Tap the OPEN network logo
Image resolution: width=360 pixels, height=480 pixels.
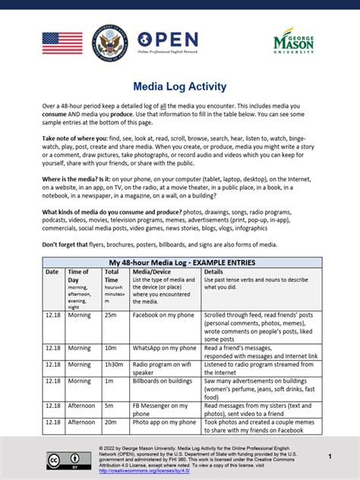point(168,41)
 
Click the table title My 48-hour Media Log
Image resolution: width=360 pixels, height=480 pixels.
point(182,262)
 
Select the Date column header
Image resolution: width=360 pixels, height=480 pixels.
point(52,271)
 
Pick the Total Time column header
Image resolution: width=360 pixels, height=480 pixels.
point(112,275)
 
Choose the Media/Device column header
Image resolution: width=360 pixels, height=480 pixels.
point(152,271)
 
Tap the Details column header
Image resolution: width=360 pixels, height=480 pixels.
point(213,271)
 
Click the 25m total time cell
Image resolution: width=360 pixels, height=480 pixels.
point(110,314)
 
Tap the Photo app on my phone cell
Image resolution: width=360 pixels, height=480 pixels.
point(164,422)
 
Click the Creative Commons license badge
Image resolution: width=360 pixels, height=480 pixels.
point(64,461)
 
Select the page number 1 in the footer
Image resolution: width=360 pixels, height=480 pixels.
point(330,456)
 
